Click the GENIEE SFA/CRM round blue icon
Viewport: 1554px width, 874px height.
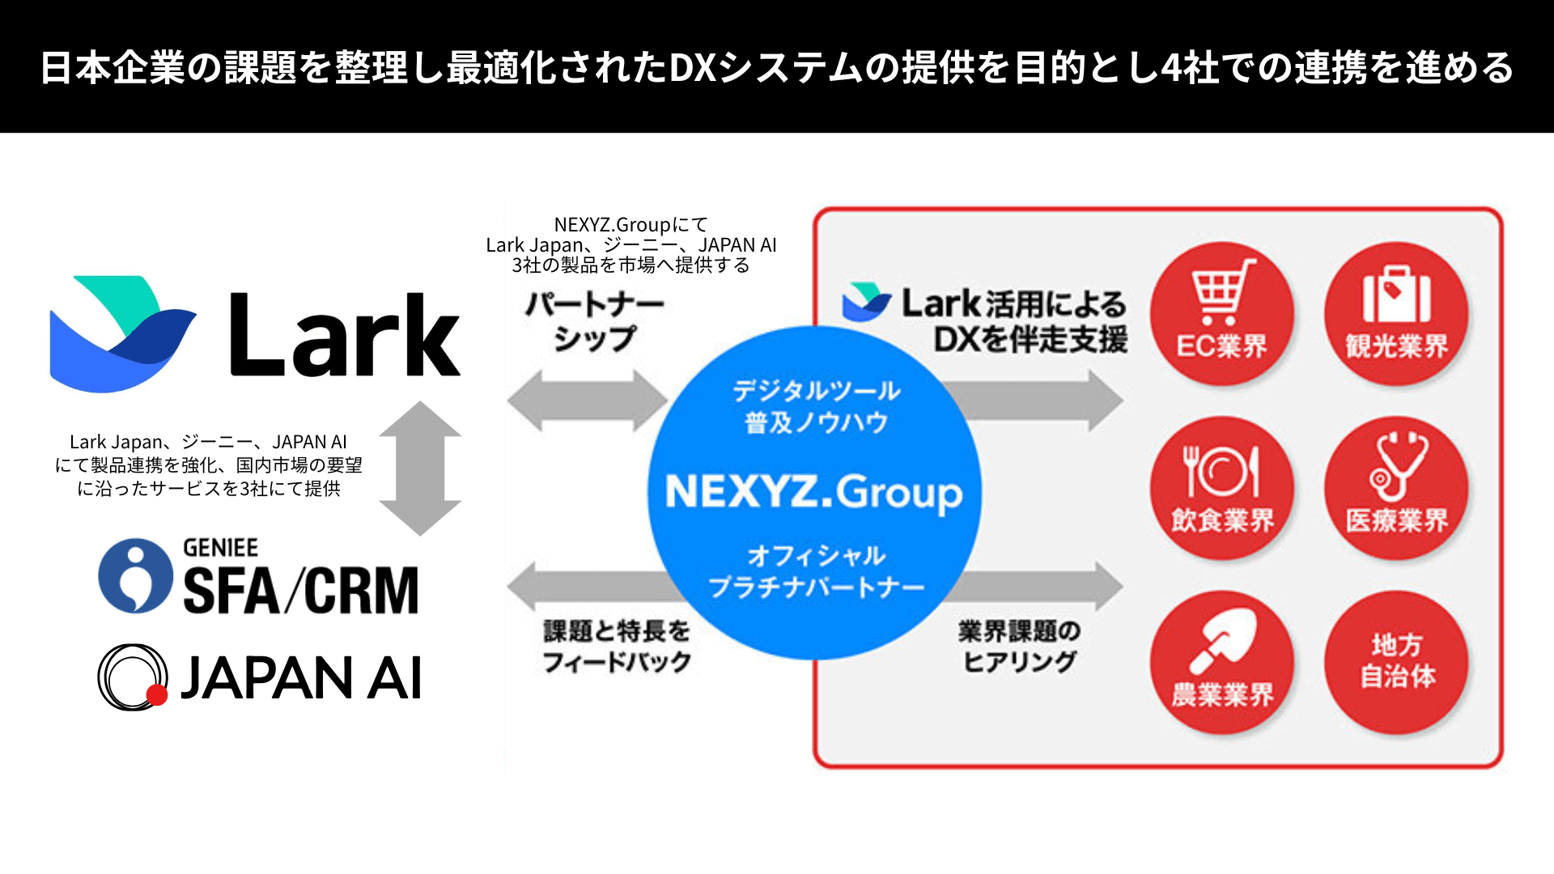coord(135,575)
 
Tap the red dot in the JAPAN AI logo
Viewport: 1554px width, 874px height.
coord(157,694)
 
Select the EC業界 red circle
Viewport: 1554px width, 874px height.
coord(1221,314)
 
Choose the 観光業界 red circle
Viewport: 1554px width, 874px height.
coord(1396,314)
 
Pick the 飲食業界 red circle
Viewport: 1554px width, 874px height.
coord(1221,488)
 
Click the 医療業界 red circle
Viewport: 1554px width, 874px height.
coord(1396,488)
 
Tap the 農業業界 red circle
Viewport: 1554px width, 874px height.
coord(1221,663)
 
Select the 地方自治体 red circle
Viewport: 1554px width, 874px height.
coord(1396,663)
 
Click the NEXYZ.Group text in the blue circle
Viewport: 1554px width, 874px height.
coord(813,491)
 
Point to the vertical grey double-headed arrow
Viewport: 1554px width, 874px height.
coord(420,468)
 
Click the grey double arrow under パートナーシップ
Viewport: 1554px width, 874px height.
coord(587,401)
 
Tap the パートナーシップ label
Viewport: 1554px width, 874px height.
coord(595,321)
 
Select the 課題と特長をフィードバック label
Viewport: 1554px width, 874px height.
coord(617,646)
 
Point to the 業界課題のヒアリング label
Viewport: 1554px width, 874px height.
coord(1019,646)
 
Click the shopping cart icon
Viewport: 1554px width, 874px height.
coord(1221,291)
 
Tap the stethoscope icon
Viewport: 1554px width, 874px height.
coord(1397,465)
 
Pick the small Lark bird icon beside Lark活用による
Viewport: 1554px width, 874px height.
coord(865,302)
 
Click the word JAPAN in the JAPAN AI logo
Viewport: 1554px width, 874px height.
coord(266,678)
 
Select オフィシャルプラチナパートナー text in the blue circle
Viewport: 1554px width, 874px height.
coord(816,571)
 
